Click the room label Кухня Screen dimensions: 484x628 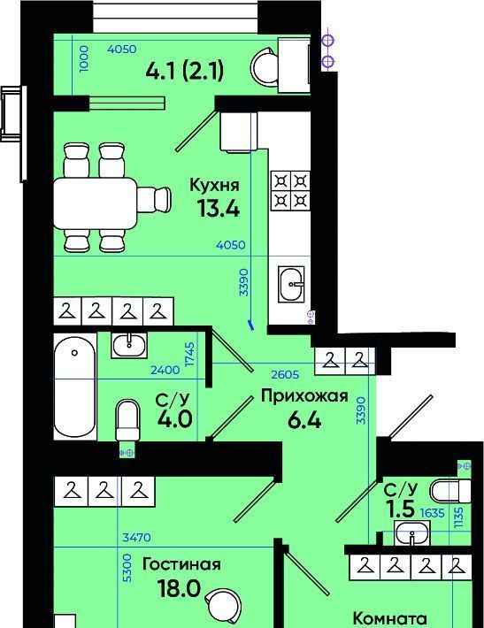pyautogui.click(x=214, y=186)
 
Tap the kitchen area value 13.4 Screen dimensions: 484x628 pyautogui.click(x=219, y=208)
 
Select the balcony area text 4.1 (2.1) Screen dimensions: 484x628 pyautogui.click(x=185, y=72)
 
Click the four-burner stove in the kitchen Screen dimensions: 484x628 pyautogui.click(x=291, y=191)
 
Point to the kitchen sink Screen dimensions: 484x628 pyautogui.click(x=291, y=284)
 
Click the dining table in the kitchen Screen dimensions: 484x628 pyautogui.click(x=96, y=203)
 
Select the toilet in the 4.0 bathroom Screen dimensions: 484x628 pyautogui.click(x=127, y=419)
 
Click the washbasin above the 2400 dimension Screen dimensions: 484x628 pyautogui.click(x=129, y=345)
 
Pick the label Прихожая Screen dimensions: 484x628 pyautogui.click(x=304, y=396)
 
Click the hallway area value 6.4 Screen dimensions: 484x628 pyautogui.click(x=304, y=420)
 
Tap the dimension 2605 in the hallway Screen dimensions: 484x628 pyautogui.click(x=285, y=374)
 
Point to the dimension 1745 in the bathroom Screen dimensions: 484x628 pyautogui.click(x=190, y=354)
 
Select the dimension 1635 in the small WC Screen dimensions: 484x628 pyautogui.click(x=433, y=513)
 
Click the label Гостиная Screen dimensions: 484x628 pyautogui.click(x=181, y=564)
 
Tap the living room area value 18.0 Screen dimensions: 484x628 pyautogui.click(x=179, y=588)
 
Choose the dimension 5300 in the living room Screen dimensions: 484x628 pyautogui.click(x=127, y=568)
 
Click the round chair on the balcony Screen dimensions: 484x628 pyautogui.click(x=264, y=67)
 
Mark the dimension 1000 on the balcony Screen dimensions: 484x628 pyautogui.click(x=84, y=58)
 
